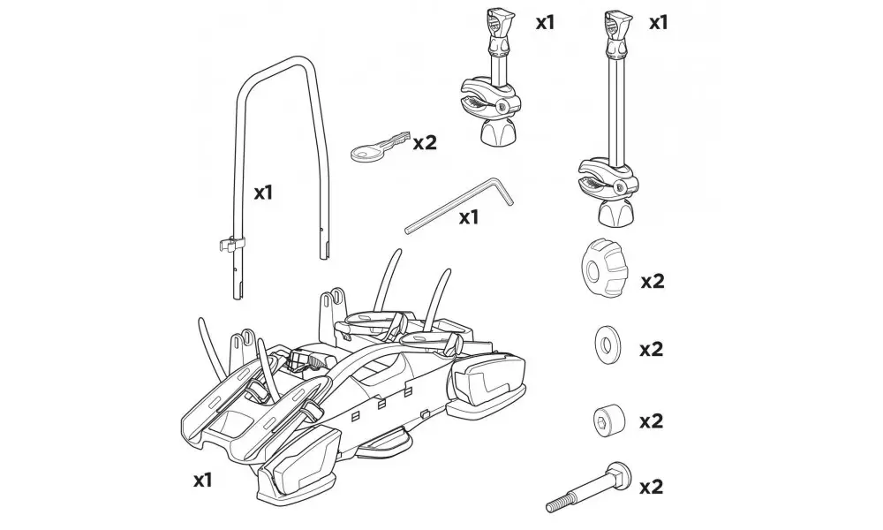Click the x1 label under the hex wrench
[468, 217]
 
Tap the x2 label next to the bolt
[652, 486]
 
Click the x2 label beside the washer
[652, 350]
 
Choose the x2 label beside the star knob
[652, 282]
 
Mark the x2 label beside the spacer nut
[652, 421]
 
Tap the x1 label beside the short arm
[546, 21]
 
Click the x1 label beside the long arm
[658, 21]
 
